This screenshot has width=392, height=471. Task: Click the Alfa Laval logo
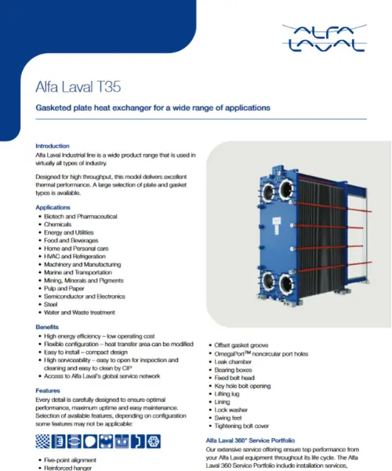(x=325, y=38)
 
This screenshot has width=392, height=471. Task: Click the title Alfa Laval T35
(x=78, y=87)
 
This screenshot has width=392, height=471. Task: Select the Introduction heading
(x=53, y=146)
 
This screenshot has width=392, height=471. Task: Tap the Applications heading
(x=53, y=207)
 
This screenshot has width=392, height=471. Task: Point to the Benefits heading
(x=47, y=327)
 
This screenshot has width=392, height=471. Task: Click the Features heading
(x=48, y=390)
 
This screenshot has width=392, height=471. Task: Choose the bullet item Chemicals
(x=57, y=225)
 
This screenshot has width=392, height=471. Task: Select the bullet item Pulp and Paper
(x=64, y=288)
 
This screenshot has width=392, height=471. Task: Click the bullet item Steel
(x=51, y=305)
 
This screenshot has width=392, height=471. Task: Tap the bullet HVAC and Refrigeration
(x=74, y=256)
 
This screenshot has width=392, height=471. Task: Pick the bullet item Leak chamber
(x=233, y=362)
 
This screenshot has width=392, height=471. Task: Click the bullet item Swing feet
(x=228, y=418)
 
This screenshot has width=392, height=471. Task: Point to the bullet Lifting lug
(x=227, y=394)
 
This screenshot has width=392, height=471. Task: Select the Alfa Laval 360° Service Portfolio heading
(x=250, y=440)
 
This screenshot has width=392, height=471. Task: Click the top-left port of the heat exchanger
(x=268, y=192)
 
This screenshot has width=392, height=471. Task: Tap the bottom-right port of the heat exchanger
(x=286, y=284)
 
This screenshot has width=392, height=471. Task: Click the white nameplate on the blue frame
(x=276, y=225)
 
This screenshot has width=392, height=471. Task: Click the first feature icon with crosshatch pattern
(x=43, y=441)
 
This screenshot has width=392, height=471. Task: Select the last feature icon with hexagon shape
(x=154, y=441)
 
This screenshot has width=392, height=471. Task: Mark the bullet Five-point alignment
(x=71, y=460)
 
